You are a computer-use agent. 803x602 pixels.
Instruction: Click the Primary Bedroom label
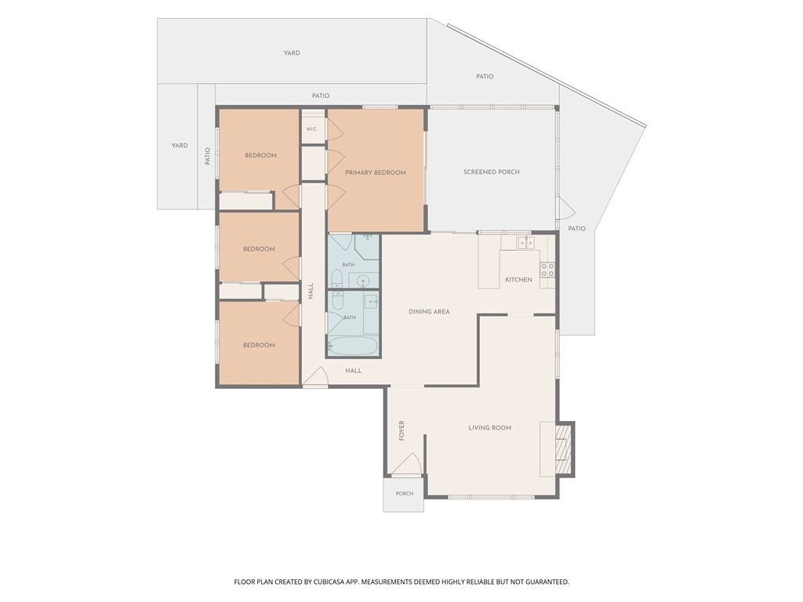point(376,172)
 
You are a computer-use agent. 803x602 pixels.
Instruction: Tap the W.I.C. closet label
point(312,129)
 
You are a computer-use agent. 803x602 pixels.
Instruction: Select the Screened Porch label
point(491,172)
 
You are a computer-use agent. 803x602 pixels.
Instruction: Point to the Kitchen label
point(519,280)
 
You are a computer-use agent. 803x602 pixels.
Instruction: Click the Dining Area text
point(429,311)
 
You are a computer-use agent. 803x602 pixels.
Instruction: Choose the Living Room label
point(490,427)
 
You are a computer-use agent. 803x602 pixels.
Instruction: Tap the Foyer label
point(401,430)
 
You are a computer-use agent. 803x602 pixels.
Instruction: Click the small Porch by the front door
point(404,494)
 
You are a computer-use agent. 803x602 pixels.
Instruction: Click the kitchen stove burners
point(547,270)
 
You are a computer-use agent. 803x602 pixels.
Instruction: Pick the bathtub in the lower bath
point(353,346)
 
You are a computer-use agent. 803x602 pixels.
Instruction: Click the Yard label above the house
point(292,53)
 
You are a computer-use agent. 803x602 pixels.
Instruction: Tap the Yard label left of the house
point(180,145)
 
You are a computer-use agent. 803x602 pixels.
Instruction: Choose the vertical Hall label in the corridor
point(311,292)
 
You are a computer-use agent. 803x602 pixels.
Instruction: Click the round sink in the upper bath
point(362,281)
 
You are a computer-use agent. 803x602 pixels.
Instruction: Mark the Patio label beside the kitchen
point(576,228)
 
